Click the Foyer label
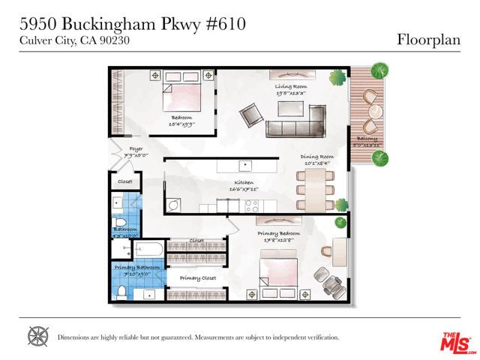pos(136,148)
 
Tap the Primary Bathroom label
pos(132,267)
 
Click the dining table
pos(315,189)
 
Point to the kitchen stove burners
pos(251,204)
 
